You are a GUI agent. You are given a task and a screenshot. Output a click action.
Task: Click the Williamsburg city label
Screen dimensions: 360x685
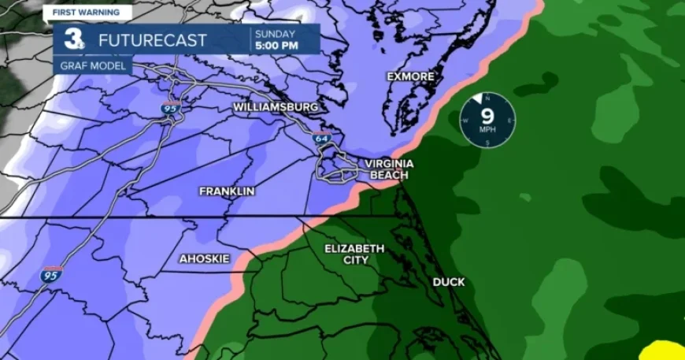(275, 106)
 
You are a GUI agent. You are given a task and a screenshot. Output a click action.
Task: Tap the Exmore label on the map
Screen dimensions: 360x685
(410, 76)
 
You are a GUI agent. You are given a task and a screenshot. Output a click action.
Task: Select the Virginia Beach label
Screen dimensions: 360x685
(389, 169)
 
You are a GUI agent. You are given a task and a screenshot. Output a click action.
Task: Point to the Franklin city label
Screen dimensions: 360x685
(227, 191)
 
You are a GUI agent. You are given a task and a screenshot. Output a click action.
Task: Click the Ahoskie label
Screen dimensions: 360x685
(204, 258)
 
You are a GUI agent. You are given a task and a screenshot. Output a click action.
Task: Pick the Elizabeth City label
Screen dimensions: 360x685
(354, 254)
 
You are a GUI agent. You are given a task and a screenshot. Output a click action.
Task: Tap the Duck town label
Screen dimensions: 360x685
(449, 282)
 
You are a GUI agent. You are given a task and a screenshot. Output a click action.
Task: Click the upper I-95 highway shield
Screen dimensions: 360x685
(171, 107)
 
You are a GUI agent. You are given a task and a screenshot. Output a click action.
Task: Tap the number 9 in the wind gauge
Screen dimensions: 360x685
(487, 117)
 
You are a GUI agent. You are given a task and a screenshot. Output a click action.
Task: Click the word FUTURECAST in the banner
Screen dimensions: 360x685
(153, 39)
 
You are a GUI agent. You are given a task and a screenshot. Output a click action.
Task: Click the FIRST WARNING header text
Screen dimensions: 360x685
(87, 13)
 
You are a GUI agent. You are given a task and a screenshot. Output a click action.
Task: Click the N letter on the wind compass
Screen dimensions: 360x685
(487, 98)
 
